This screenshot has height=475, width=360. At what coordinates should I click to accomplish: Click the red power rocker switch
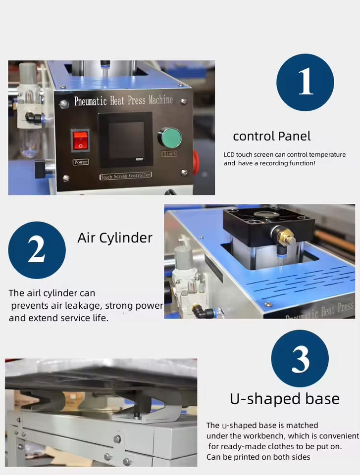pos(81,141)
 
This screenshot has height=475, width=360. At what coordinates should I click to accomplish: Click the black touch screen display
pos(126,140)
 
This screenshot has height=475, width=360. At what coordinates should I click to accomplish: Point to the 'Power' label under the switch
pos(81,162)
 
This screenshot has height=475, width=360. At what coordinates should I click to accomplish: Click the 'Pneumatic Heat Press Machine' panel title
pos(124,100)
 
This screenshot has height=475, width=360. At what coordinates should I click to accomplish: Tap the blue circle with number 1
pos(305,82)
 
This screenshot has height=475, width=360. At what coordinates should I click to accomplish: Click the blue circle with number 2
pos(37,250)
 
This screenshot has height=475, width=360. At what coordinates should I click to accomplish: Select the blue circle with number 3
pos(300,359)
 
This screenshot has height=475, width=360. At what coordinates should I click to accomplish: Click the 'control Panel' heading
pos(272,137)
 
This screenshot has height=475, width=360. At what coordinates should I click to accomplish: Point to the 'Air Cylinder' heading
pos(115,238)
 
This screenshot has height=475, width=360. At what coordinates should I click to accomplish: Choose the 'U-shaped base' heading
pos(284,399)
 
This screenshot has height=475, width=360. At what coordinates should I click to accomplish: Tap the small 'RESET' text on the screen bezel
pos(140,159)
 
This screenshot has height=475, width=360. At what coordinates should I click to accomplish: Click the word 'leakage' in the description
pos(84,306)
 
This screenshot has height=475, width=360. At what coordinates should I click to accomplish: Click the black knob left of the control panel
pos(43,169)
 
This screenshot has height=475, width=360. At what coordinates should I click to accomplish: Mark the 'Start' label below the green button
pos(169,153)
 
